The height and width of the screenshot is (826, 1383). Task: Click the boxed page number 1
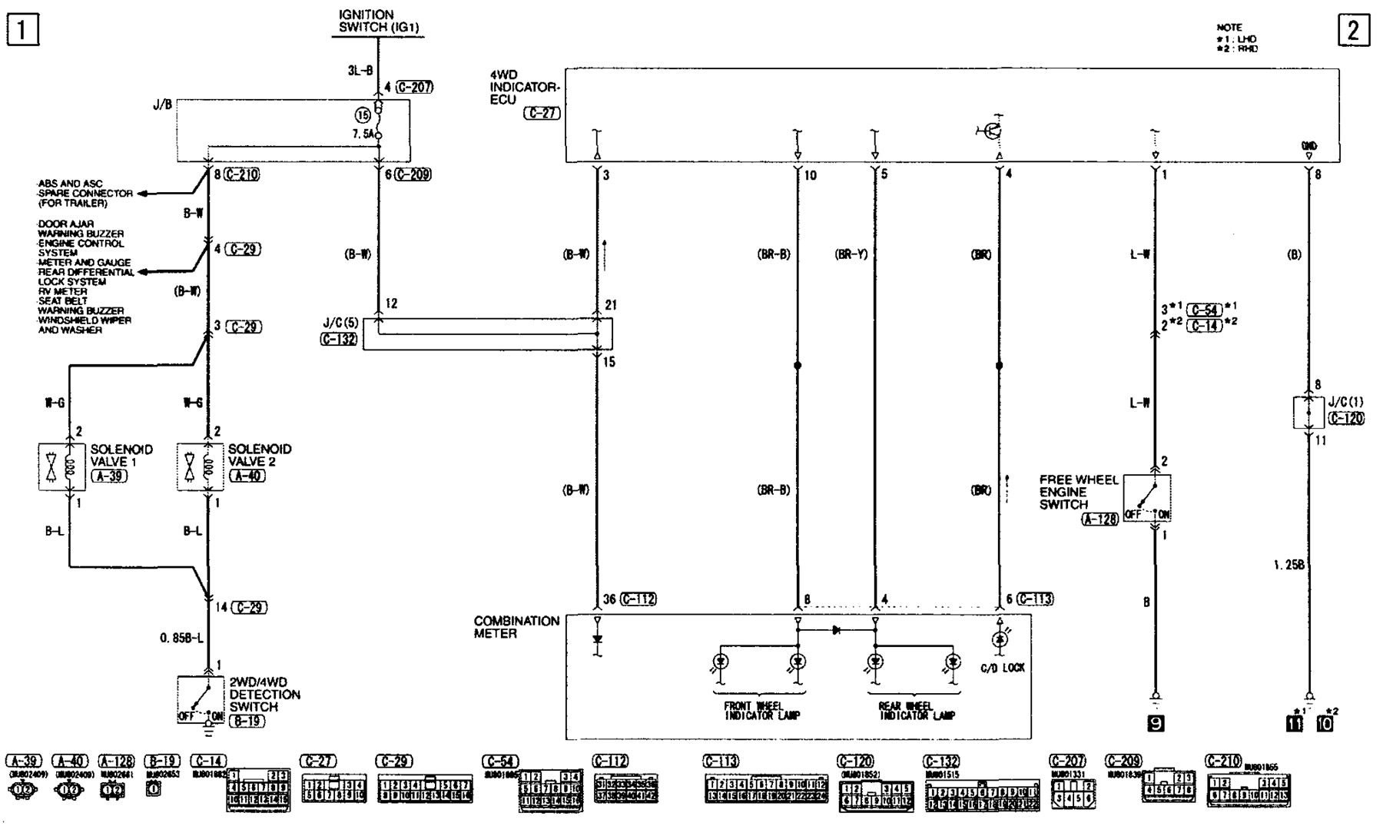pyautogui.click(x=22, y=31)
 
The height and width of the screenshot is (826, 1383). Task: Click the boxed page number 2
pyautogui.click(x=1354, y=31)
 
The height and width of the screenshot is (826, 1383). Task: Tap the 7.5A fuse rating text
pyautogui.click(x=363, y=134)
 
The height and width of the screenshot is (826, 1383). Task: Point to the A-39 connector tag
pyautogui.click(x=108, y=476)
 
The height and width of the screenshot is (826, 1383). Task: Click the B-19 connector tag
pyautogui.click(x=247, y=722)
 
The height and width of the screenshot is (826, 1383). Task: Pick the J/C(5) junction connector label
pyautogui.click(x=341, y=323)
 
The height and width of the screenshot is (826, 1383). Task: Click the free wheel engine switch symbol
pyautogui.click(x=1146, y=498)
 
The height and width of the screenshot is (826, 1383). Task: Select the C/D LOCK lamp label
pyautogui.click(x=1002, y=668)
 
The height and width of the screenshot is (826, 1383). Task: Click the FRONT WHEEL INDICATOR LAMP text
pyautogui.click(x=761, y=711)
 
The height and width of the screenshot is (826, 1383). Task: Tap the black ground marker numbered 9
pyautogui.click(x=1155, y=723)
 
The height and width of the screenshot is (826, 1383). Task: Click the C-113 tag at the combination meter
pyautogui.click(x=1034, y=599)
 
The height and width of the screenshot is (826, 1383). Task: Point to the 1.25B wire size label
pyautogui.click(x=1288, y=566)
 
